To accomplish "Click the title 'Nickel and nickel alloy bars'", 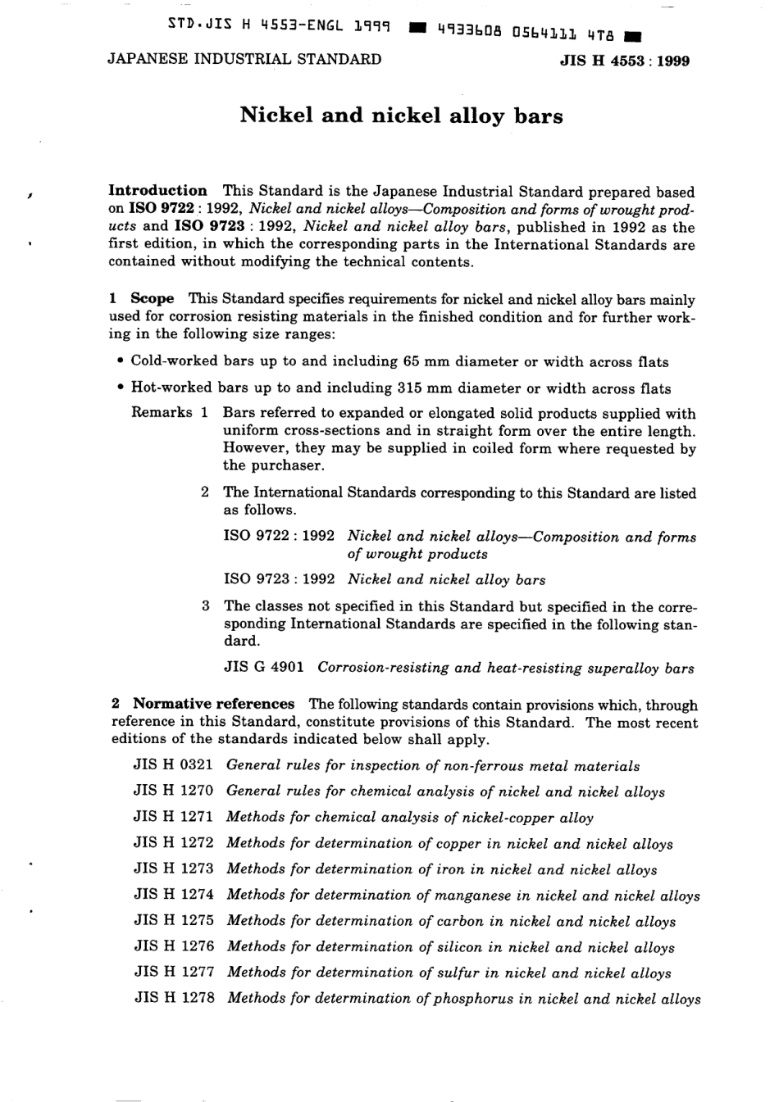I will pyautogui.click(x=401, y=116).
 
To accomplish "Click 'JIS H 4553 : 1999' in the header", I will pyautogui.click(x=623, y=61).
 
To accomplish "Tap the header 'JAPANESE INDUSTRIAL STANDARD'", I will pyautogui.click(x=244, y=59).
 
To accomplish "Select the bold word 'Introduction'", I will pyautogui.click(x=158, y=191).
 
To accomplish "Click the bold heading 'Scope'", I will pyautogui.click(x=152, y=299).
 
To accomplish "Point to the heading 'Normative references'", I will pyautogui.click(x=213, y=704).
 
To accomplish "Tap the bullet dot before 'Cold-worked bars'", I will pyautogui.click(x=120, y=361).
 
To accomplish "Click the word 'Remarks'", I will pyautogui.click(x=162, y=413).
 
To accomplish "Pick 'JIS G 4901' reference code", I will pyautogui.click(x=263, y=667).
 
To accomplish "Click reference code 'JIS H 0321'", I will pyautogui.click(x=173, y=765).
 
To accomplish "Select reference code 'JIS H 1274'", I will pyautogui.click(x=173, y=895).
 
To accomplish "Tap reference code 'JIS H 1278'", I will pyautogui.click(x=173, y=998).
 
